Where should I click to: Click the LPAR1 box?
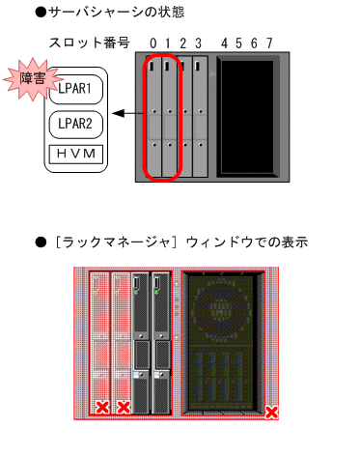[74, 90]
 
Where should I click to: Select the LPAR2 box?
[74, 124]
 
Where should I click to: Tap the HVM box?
[74, 155]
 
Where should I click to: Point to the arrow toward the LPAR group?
[123, 114]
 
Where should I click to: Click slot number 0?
[152, 43]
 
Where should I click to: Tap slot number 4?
[224, 43]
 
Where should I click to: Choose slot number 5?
[238, 43]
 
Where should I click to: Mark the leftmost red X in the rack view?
[101, 408]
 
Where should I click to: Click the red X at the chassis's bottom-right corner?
[272, 413]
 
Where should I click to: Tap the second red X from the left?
[123, 408]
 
